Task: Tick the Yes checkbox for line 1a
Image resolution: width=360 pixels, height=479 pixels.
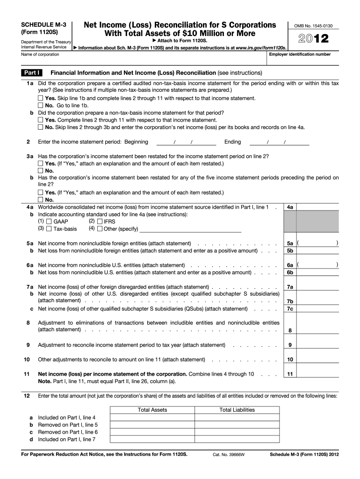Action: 40,99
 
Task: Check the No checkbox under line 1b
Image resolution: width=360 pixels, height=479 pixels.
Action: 40,127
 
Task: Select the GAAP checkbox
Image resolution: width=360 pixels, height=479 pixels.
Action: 49,221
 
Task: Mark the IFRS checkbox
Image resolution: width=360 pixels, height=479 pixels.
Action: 100,221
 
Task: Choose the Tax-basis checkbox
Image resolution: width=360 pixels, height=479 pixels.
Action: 49,229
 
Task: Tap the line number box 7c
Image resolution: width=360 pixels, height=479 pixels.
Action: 290,309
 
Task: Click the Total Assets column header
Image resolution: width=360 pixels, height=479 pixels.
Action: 152,410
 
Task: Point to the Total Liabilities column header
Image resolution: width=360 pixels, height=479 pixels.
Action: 237,410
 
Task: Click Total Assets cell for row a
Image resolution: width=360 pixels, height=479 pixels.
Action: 152,418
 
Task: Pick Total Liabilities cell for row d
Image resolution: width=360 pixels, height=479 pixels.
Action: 237,440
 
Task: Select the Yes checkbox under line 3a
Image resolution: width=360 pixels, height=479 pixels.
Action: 40,164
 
